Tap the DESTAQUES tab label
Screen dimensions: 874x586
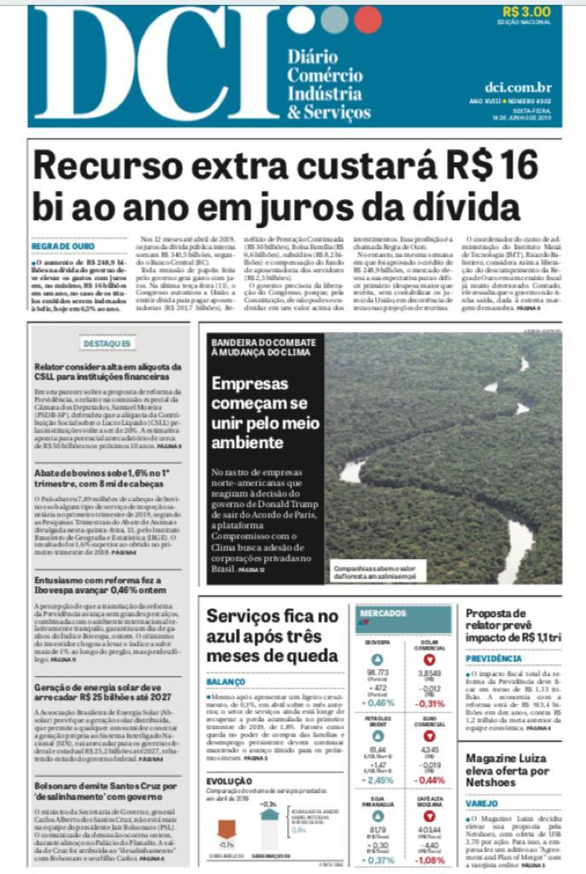coord(108,343)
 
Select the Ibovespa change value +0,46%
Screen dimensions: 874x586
coord(378,702)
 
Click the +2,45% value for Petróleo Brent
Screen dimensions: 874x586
coord(378,779)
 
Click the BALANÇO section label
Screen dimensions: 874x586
coord(226,682)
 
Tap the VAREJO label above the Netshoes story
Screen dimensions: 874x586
coord(483,803)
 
